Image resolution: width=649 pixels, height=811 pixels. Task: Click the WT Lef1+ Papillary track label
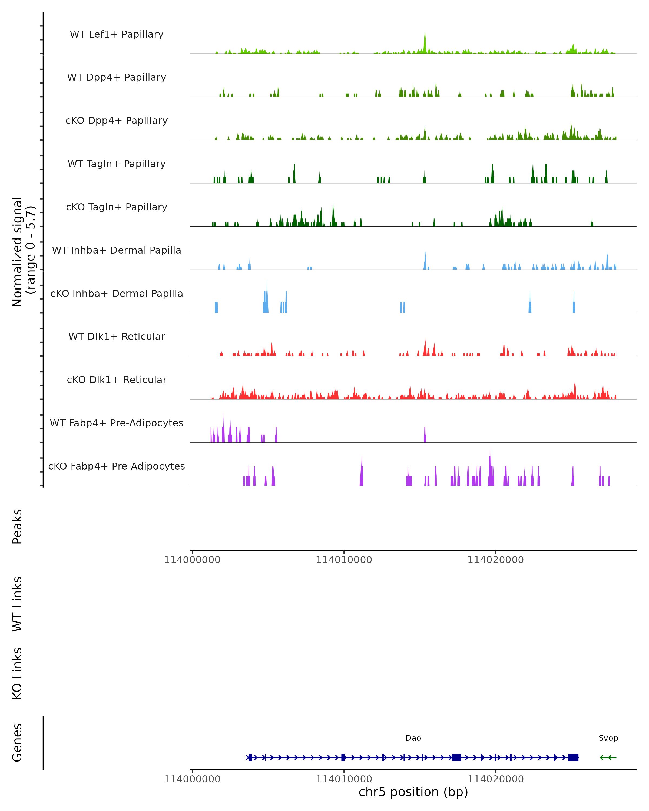117,34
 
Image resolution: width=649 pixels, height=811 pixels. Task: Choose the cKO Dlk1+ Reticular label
117,380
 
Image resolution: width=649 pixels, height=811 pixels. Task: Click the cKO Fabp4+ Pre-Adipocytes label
117,466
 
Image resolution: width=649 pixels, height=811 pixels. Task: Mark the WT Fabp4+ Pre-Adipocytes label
117,423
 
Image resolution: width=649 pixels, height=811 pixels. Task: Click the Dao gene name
413,738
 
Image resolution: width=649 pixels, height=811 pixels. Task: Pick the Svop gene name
608,738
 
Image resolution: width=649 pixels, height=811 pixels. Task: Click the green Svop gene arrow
608,757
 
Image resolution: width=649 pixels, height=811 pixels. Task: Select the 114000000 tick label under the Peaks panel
192,560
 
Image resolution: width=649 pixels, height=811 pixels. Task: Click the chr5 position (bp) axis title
413,792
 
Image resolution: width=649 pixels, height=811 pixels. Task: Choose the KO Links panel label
17,673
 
